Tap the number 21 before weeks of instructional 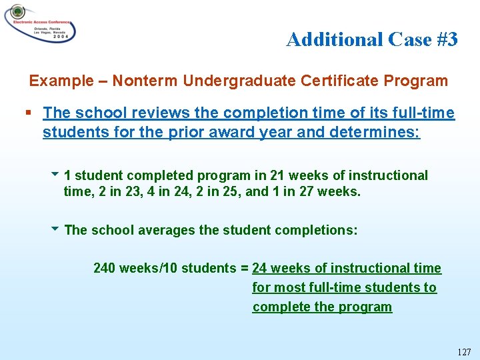click(x=278, y=175)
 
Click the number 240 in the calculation click(x=104, y=269)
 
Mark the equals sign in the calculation click(x=245, y=269)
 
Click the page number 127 click(x=464, y=351)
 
